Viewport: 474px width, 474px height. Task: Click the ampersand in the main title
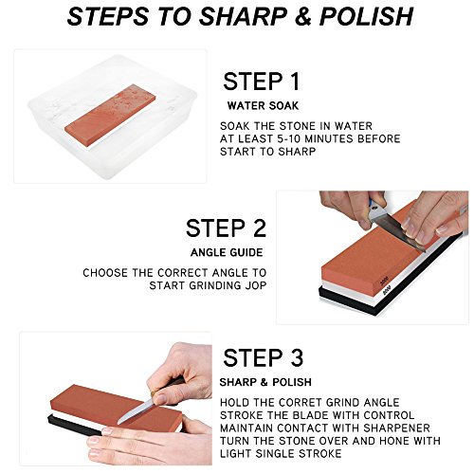coord(303,16)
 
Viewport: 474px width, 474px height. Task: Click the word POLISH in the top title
coord(366,16)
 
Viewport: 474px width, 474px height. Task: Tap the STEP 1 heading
coord(261,82)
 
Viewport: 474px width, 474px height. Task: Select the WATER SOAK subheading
coord(263,106)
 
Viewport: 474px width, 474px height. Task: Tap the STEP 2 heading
coord(226,228)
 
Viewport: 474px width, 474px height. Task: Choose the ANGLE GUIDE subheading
coord(227,252)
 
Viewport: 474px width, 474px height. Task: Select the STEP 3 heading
coord(264,357)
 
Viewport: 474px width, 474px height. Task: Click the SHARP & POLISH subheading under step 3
coord(265,382)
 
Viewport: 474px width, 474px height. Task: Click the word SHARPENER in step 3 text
coord(396,428)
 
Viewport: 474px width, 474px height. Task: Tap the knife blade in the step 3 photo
coord(136,411)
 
